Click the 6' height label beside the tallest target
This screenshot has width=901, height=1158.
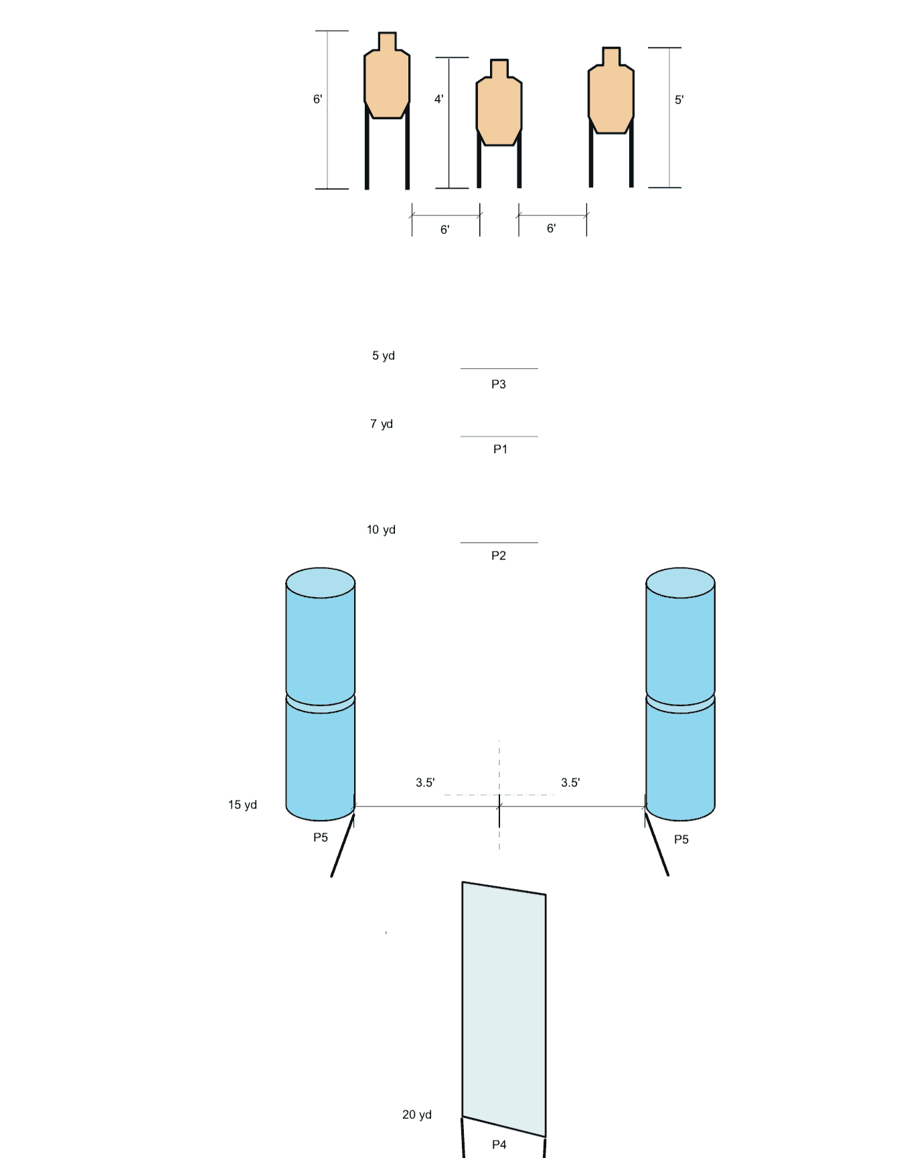317,99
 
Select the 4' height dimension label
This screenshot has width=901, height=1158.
438,99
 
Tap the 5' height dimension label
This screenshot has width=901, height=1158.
679,100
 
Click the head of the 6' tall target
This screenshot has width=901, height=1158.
387,41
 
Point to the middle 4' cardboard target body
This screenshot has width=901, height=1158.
499,110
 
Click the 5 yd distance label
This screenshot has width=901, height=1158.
384,355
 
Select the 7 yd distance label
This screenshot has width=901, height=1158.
382,424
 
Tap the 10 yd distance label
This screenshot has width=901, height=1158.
381,529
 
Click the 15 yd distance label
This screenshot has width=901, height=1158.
242,805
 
